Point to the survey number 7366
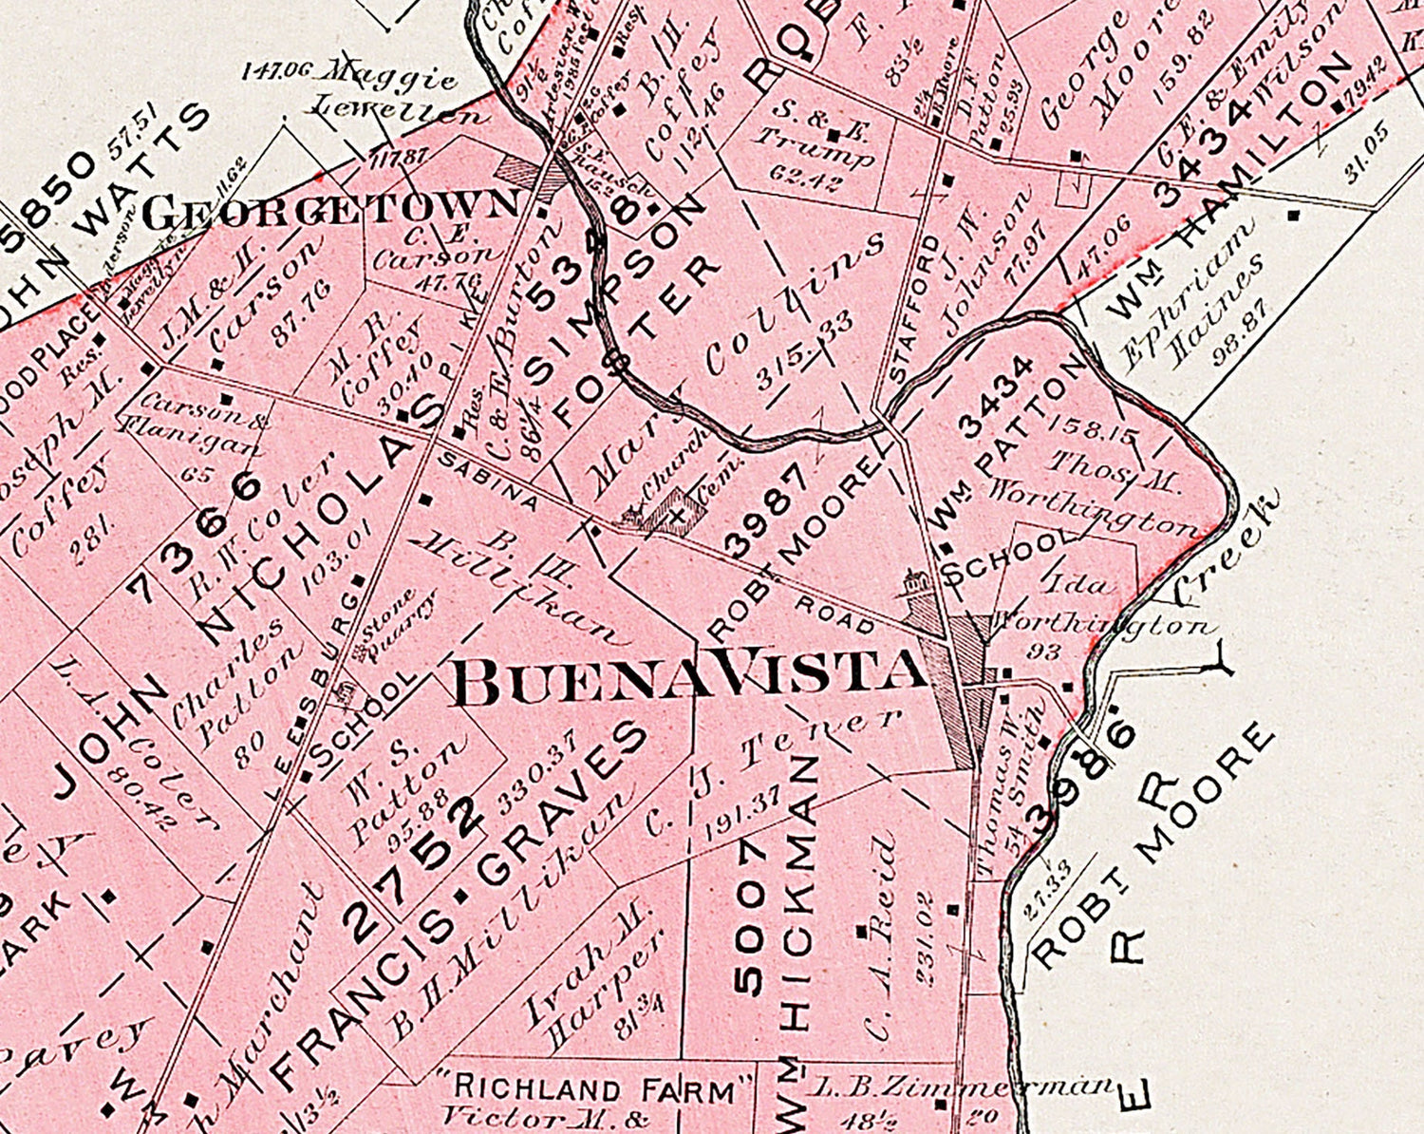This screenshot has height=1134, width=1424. (196, 538)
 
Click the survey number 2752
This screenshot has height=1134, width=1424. (423, 865)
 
